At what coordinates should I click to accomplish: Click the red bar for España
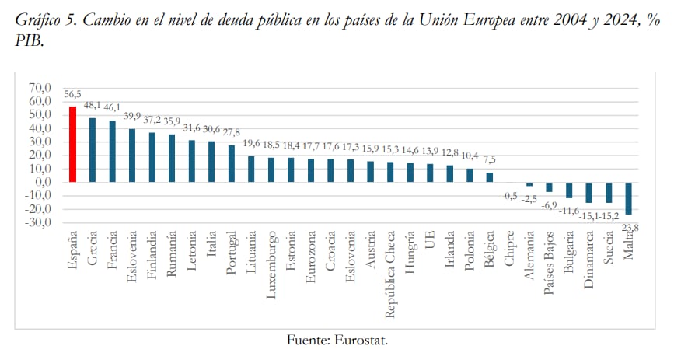[x=72, y=144]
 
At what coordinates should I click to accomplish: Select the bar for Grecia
[x=93, y=149]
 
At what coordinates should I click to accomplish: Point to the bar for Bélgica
[x=490, y=177]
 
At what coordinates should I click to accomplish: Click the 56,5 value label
[x=72, y=95]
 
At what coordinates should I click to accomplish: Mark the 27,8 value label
[x=232, y=133]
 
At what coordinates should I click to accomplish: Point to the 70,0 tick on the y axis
[x=39, y=88]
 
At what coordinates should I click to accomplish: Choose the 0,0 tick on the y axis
[x=42, y=182]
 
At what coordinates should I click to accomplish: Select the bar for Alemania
[x=529, y=184]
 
